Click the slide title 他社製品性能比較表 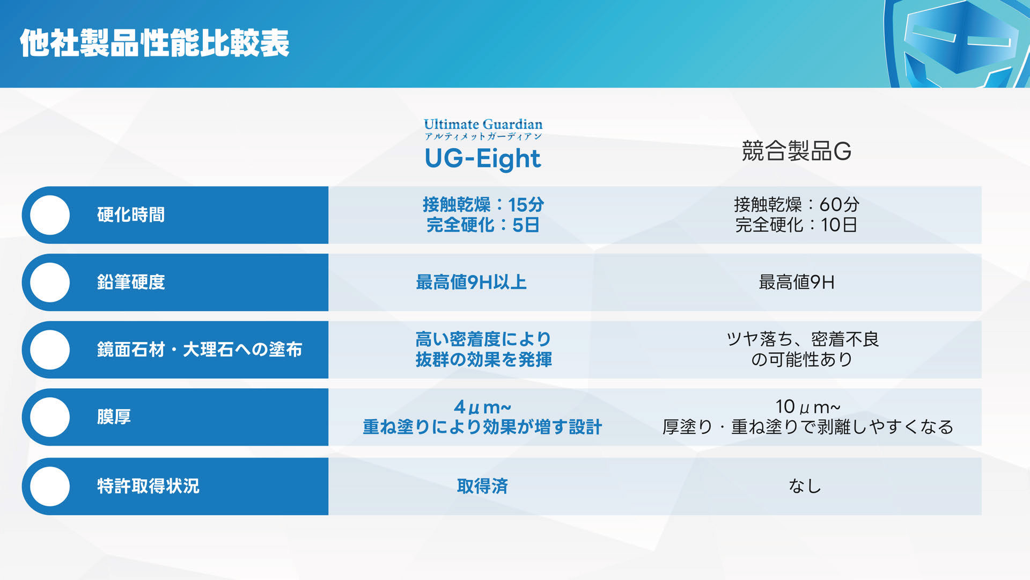pos(154,43)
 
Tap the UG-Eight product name pos(482,158)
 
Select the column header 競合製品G pos(797,151)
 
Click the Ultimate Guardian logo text pos(483,124)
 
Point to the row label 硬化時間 pos(131,215)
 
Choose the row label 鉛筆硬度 pos(131,282)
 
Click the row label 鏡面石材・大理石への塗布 pos(200,350)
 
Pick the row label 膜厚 pos(114,417)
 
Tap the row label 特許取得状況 pos(148,486)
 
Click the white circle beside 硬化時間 pos(50,215)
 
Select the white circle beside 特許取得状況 pos(50,486)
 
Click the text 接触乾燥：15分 pos(483,205)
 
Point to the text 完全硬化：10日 pos(796,225)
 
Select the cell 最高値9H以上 pos(472,282)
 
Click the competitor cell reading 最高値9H pos(797,282)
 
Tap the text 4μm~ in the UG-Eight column pos(482,407)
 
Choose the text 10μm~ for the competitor pos(807,407)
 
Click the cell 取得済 pos(482,486)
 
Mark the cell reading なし pos(805,486)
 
